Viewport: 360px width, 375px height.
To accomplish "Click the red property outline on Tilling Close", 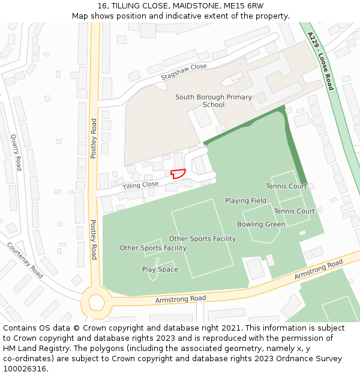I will point(178,173).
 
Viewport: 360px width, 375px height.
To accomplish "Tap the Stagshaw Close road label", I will point(184,73).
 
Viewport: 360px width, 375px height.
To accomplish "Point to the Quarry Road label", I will point(16,152).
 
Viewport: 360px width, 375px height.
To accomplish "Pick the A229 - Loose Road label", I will point(320,61).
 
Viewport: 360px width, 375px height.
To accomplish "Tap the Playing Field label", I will point(245,200).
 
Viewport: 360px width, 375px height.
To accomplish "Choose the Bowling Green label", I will point(261,224).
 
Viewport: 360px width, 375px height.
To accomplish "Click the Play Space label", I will point(160,269).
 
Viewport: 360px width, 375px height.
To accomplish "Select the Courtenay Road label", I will point(25,260).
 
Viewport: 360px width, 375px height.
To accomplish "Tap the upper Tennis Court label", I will point(286,186).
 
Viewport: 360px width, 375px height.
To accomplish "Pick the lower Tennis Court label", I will point(294,211).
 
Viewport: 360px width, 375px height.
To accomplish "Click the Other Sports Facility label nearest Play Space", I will point(153,248).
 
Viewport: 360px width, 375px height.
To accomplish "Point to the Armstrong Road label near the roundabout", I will point(180,298).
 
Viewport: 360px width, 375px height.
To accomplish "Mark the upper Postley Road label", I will point(94,139).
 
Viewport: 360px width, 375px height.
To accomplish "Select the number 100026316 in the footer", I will point(25,368).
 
